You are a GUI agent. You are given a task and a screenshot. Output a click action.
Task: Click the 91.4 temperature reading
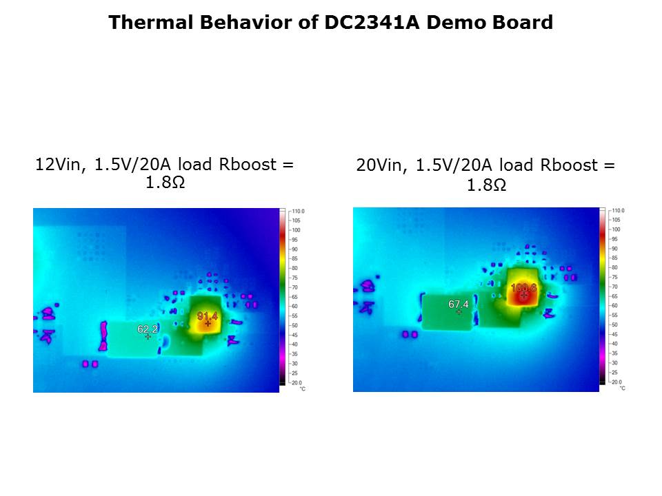pyautogui.click(x=208, y=316)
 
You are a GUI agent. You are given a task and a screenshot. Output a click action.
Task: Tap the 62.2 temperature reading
pyautogui.click(x=148, y=329)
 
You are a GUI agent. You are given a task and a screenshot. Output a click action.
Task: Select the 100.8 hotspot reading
pyautogui.click(x=523, y=287)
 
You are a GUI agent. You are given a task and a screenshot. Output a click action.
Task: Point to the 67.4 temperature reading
pyautogui.click(x=459, y=304)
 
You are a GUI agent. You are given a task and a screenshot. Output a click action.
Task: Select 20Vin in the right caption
pyautogui.click(x=377, y=166)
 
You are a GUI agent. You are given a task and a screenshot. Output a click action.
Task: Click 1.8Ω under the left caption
pyautogui.click(x=165, y=183)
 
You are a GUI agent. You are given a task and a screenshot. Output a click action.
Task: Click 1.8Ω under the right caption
pyautogui.click(x=486, y=185)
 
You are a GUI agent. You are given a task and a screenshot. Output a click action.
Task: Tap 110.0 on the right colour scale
pyautogui.click(x=618, y=210)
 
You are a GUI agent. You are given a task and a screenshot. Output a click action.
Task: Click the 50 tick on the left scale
pyautogui.click(x=295, y=324)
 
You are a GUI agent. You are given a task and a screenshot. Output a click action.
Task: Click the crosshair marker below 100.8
pyautogui.click(x=524, y=295)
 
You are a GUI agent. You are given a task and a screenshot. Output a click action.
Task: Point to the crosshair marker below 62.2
pyautogui.click(x=148, y=337)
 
